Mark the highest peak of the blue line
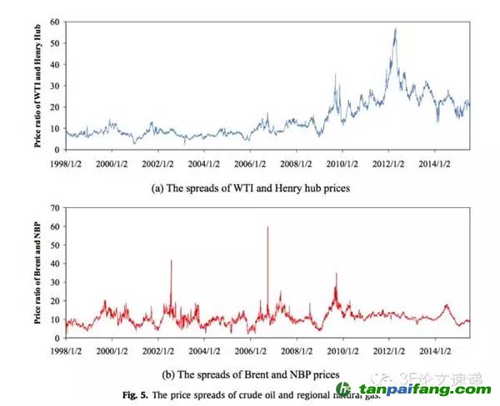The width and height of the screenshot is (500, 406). click(395, 30)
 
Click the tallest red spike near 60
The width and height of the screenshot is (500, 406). click(267, 227)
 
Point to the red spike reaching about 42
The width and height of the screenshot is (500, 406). click(171, 261)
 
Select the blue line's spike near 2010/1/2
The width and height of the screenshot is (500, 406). click(335, 76)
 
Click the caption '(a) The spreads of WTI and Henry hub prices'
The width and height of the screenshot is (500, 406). click(250, 188)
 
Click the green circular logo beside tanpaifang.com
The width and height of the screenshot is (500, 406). click(343, 389)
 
